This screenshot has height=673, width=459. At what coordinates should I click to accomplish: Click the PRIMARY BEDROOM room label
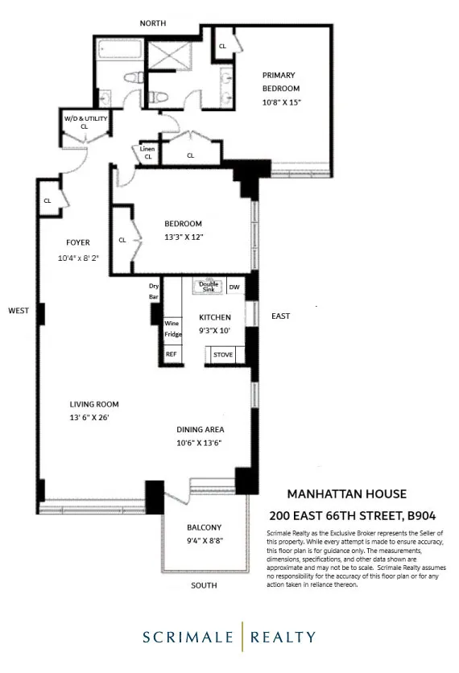(280, 76)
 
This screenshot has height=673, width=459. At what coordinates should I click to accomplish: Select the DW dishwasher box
(234, 287)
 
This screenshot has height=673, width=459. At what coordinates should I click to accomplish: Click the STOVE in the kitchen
(223, 353)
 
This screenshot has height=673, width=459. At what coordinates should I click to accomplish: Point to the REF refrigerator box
(171, 353)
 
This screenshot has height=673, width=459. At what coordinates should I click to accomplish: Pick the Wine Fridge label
(173, 328)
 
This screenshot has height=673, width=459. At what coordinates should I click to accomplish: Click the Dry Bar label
(155, 291)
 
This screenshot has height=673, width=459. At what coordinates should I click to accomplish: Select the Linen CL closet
(147, 152)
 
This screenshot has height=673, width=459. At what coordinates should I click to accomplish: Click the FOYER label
(78, 242)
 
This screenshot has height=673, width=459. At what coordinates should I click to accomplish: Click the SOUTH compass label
(204, 585)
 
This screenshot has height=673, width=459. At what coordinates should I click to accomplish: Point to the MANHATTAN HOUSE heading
(347, 493)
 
